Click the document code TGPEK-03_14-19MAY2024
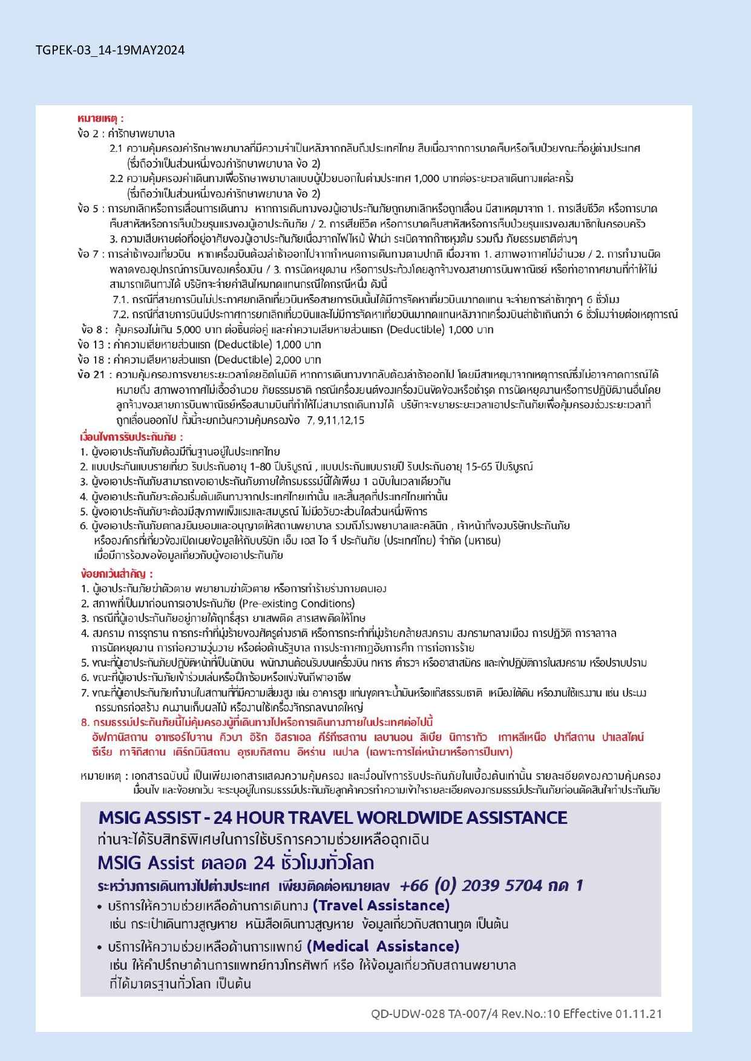tap(110, 50)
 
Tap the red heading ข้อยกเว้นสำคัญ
tap(116, 573)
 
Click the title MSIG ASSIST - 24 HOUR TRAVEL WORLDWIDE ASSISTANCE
tap(333, 818)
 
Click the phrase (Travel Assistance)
tap(381, 906)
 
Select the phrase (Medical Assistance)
tap(383, 946)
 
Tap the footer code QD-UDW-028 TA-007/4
tap(441, 1014)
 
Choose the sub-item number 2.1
tap(116, 148)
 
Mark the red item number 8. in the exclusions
tap(85, 722)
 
